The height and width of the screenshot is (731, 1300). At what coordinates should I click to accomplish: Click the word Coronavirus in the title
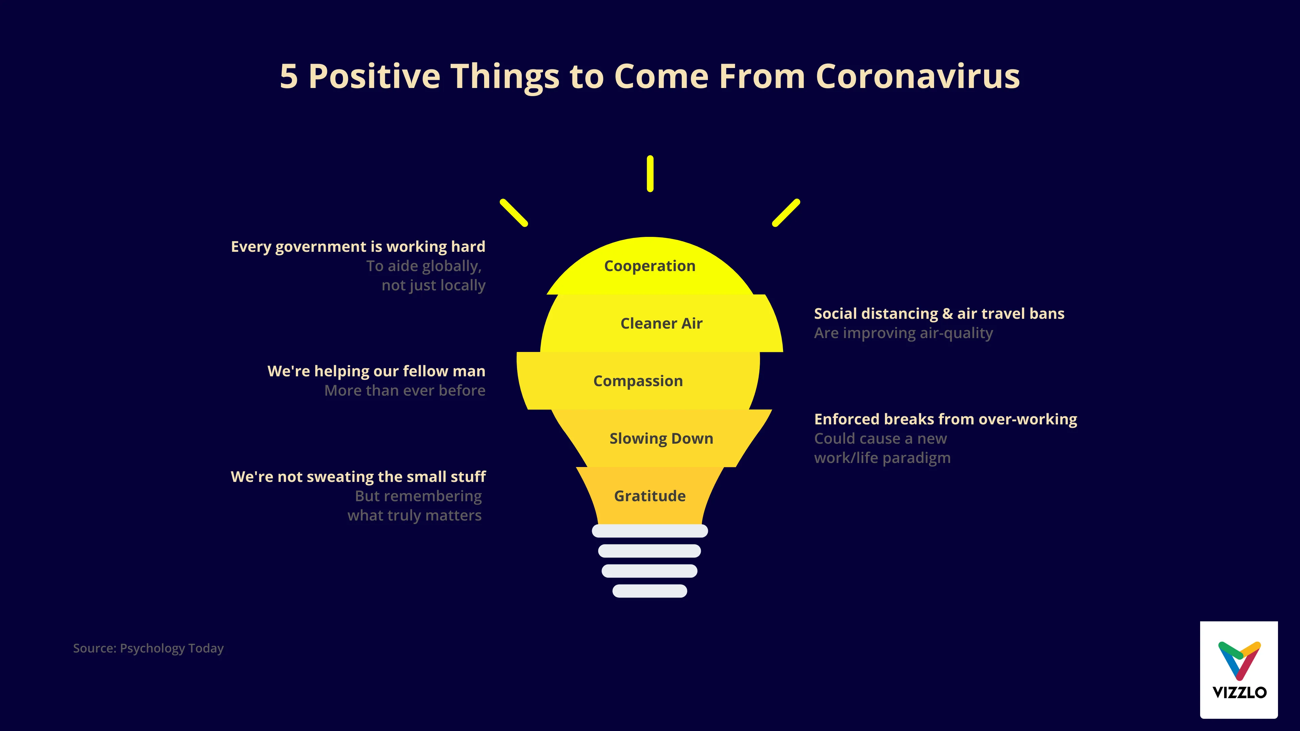click(917, 77)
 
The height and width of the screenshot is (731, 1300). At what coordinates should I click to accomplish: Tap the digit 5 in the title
click(289, 77)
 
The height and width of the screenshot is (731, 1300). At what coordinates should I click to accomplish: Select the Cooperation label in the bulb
click(650, 266)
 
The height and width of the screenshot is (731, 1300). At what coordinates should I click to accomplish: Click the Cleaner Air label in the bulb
click(661, 324)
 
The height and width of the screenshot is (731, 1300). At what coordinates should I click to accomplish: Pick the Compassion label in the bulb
click(638, 381)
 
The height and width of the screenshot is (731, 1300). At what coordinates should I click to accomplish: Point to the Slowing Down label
click(661, 438)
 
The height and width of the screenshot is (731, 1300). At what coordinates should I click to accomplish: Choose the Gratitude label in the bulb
click(650, 496)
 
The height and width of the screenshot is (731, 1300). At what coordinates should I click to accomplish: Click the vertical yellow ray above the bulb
click(650, 174)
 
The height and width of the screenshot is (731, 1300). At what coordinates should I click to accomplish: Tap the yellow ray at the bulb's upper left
click(514, 213)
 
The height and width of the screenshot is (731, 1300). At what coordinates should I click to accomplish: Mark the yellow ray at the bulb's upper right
click(786, 213)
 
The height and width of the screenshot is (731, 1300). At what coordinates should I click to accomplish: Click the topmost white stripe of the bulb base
click(650, 531)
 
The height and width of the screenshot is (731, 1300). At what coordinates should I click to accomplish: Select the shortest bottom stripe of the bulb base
click(650, 591)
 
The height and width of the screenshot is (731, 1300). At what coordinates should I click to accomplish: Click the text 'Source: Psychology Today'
click(148, 648)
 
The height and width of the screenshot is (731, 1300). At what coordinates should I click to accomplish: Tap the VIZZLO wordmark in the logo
click(1239, 692)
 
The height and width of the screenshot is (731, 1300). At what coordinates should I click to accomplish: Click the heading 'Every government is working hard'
click(358, 247)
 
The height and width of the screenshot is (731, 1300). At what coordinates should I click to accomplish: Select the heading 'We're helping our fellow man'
click(376, 371)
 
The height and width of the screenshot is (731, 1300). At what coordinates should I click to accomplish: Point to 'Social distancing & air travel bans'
click(939, 314)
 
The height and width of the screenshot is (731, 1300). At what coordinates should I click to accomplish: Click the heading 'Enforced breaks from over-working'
click(945, 419)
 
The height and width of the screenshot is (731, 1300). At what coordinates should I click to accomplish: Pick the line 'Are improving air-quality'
click(903, 333)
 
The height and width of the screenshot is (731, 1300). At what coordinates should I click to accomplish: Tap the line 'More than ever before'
click(405, 391)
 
